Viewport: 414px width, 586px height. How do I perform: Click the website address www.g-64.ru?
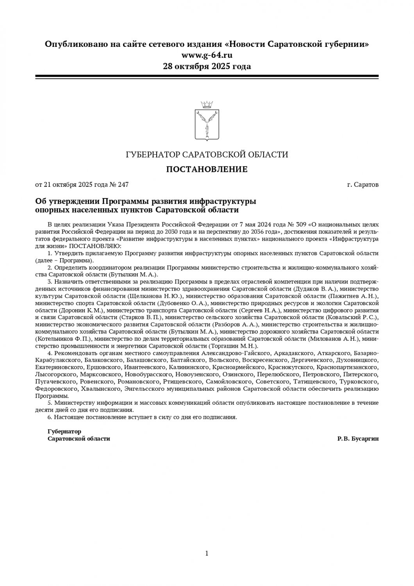pos(207,55)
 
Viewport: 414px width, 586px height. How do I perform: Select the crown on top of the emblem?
pos(207,104)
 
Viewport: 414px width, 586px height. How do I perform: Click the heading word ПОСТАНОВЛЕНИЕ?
pos(207,170)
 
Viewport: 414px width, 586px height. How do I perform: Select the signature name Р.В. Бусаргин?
pos(358,439)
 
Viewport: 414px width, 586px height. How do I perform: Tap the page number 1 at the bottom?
pos(207,553)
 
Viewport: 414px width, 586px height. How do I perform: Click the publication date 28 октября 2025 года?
pos(207,66)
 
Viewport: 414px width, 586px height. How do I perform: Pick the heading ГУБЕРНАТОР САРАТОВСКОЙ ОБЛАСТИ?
pos(207,155)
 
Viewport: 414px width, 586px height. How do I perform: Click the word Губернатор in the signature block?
pos(64,432)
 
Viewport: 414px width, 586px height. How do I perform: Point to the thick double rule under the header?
pos(207,77)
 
